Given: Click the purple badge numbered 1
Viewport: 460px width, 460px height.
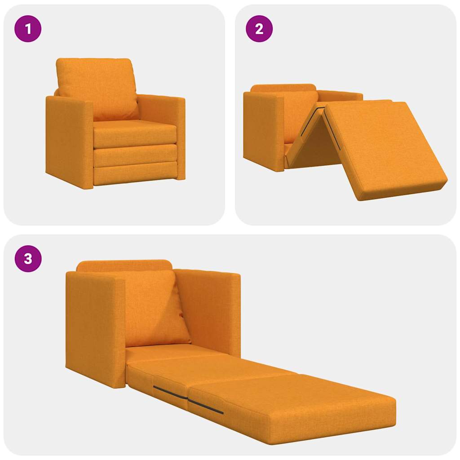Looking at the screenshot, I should [28, 29].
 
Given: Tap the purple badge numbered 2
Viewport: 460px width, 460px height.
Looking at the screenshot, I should [259, 29].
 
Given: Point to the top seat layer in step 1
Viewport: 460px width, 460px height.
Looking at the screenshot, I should [135, 133].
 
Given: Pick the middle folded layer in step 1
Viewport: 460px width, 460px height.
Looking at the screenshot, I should [135, 155].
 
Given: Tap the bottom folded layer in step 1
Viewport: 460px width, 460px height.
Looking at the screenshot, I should [135, 174].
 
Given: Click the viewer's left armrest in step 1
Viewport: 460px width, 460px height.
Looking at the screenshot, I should [67, 142].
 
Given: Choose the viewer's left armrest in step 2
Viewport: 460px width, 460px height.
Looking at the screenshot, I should [263, 130].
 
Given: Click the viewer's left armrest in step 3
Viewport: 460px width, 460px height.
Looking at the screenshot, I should [94, 328].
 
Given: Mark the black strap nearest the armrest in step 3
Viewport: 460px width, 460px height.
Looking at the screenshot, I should [169, 392].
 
